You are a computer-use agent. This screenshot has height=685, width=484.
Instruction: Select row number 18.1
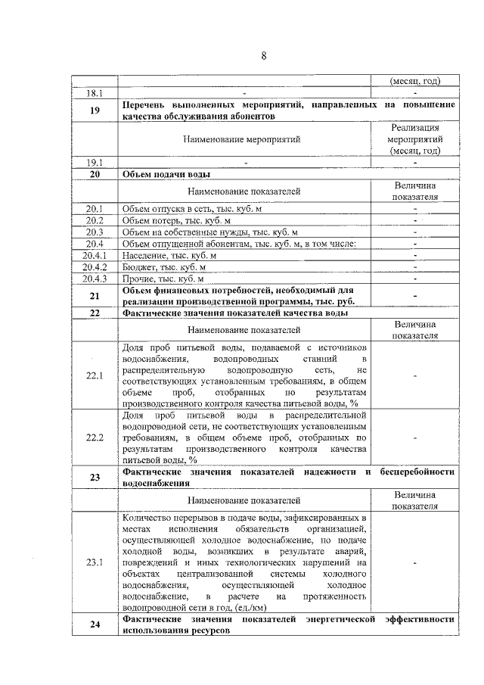(x=95, y=93)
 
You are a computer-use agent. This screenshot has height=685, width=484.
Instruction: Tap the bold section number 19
(x=95, y=111)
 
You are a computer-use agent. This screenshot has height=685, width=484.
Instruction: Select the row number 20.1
(x=95, y=207)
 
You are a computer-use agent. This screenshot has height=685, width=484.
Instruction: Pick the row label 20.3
(x=95, y=232)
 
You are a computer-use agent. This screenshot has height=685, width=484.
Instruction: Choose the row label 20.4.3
(x=95, y=279)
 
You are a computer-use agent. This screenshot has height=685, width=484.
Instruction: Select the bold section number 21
(x=95, y=296)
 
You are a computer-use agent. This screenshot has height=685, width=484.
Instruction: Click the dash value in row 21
(x=414, y=296)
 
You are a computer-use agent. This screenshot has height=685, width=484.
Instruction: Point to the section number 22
(x=95, y=313)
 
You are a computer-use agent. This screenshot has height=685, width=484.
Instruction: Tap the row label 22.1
(x=95, y=376)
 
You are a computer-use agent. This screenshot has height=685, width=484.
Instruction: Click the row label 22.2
(x=95, y=437)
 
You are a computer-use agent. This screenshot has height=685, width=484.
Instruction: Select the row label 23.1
(x=95, y=562)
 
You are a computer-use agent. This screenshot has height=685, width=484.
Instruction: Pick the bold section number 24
(x=95, y=624)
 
